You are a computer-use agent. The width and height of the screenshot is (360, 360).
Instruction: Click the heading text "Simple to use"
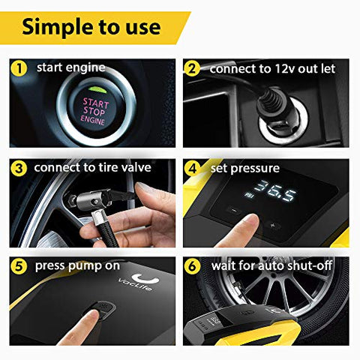pos(91,27)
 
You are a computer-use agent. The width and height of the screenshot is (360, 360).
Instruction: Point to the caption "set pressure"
pos(246,168)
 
